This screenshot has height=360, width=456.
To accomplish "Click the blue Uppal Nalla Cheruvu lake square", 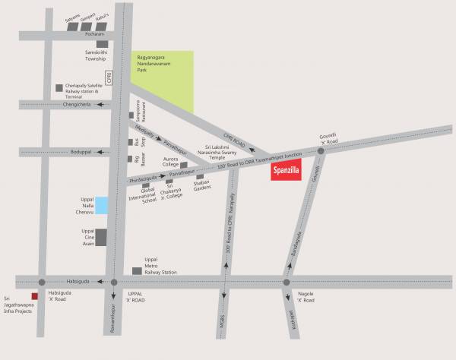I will click(x=101, y=204).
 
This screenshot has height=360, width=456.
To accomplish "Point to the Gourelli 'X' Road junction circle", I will click(x=321, y=152).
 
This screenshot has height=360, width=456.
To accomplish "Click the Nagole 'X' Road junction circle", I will click(x=287, y=283).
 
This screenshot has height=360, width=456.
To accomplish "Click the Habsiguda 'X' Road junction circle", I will click(x=42, y=282).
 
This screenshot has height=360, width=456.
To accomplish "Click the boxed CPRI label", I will click(x=118, y=77).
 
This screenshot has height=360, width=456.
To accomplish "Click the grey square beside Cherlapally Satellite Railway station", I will click(x=59, y=87).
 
